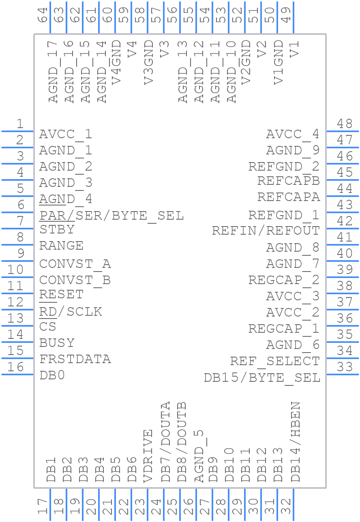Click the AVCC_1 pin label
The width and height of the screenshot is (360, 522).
click(65, 134)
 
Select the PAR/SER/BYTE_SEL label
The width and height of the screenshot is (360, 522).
click(111, 216)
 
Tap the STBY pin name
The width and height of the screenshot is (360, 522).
click(57, 229)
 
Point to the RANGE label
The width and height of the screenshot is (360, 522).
click(61, 246)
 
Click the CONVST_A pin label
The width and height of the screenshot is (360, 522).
click(75, 264)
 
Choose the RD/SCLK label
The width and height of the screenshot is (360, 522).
click(71, 312)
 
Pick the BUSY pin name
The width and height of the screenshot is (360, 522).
click(57, 343)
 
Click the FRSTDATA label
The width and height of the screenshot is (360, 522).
click(75, 359)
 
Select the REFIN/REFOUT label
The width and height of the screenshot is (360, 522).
click(266, 231)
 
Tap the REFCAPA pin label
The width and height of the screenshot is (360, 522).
click(288, 197)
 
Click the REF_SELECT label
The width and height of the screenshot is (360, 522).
click(275, 361)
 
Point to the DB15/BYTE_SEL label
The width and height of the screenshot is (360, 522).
click(262, 378)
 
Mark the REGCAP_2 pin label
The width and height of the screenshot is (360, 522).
click(284, 280)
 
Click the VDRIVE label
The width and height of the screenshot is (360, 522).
click(148, 456)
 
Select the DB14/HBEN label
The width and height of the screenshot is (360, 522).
click(296, 442)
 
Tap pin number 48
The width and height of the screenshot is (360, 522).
click(345, 124)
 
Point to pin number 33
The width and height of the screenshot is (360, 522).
click(345, 367)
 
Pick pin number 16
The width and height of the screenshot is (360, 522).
click(16, 367)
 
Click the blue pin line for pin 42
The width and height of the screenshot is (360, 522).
click(342, 229)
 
